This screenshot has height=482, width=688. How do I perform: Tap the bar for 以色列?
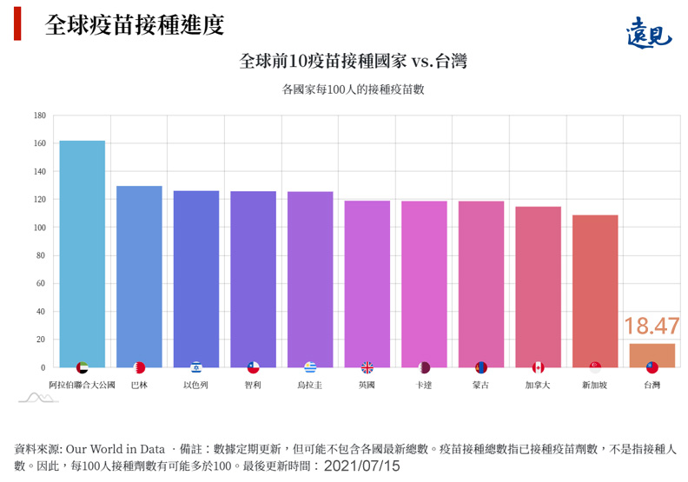(x=195, y=279)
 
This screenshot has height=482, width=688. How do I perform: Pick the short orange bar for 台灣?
(x=652, y=355)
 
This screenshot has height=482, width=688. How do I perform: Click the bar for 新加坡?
(x=595, y=291)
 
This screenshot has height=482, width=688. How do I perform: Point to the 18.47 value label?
(x=652, y=327)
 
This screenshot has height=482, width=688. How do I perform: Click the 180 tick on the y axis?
(x=40, y=116)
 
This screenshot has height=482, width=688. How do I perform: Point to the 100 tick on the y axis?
(x=40, y=228)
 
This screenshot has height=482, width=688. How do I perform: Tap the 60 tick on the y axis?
(x=41, y=283)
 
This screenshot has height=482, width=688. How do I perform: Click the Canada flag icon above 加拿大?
(x=538, y=367)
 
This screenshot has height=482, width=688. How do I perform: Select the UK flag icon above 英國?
(x=367, y=367)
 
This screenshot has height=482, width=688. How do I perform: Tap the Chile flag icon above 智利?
(x=253, y=367)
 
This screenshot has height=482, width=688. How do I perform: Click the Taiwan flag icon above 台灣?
(x=652, y=367)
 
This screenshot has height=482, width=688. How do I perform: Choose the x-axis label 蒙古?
(x=480, y=385)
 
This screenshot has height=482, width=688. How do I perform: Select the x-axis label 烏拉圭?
(x=309, y=385)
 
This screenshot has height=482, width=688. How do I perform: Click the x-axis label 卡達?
(x=424, y=385)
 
